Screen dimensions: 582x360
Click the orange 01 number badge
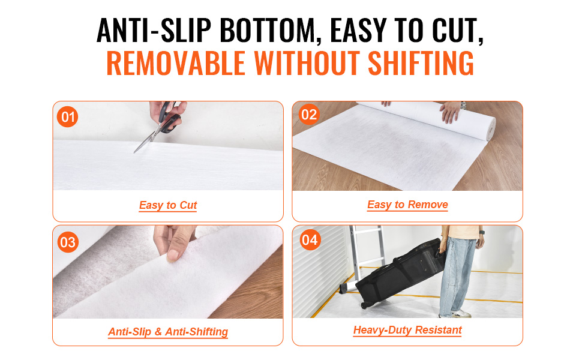tap(68, 117)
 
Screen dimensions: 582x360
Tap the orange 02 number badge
tap(309, 115)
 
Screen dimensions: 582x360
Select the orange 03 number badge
tap(68, 242)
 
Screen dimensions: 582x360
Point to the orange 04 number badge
tap(310, 240)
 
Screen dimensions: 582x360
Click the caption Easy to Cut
tap(168, 205)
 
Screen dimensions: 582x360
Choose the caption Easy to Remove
tap(407, 205)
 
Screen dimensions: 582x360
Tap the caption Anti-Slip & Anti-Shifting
tap(168, 331)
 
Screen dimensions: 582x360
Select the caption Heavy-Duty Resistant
tap(407, 330)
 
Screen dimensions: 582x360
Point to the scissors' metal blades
tap(146, 140)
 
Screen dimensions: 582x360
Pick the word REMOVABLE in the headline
tap(176, 63)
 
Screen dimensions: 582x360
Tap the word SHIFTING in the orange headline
tap(421, 63)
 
